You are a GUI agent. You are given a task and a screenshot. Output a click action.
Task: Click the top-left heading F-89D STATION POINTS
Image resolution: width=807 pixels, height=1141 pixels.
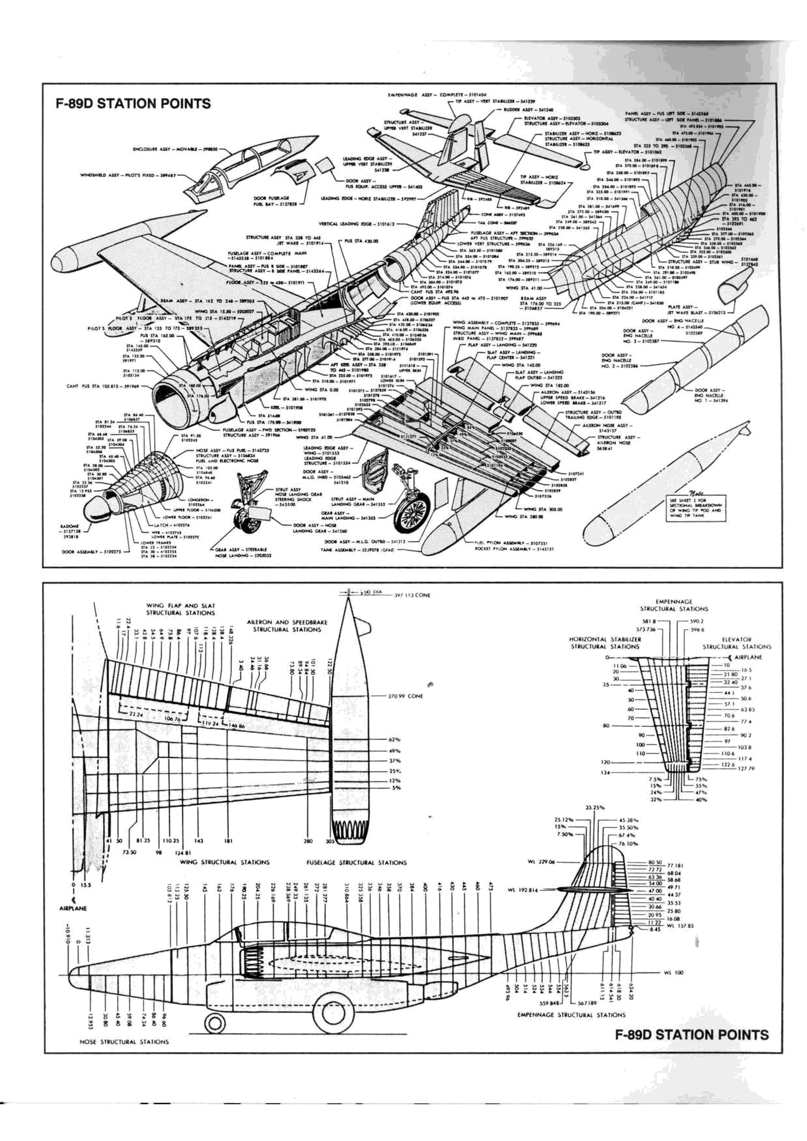pos(133,104)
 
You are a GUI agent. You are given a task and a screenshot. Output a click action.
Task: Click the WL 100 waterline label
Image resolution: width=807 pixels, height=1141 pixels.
pos(673,973)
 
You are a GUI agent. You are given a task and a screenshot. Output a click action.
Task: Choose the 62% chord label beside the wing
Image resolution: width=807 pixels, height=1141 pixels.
pos(394,740)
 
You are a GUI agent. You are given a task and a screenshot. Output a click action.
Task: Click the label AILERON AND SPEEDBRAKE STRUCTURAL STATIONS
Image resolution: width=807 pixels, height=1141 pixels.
pos(287,626)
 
